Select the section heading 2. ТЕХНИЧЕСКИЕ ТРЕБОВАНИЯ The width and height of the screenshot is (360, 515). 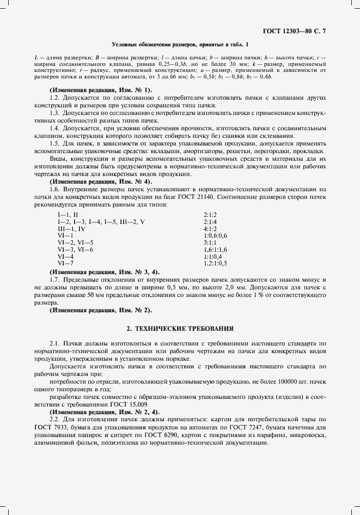180,329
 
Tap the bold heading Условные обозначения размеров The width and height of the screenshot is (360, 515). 180,44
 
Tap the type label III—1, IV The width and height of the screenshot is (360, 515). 71,229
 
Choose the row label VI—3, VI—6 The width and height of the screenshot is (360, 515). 75,249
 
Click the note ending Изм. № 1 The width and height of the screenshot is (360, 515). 101,89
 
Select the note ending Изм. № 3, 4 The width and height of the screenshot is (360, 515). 104,271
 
